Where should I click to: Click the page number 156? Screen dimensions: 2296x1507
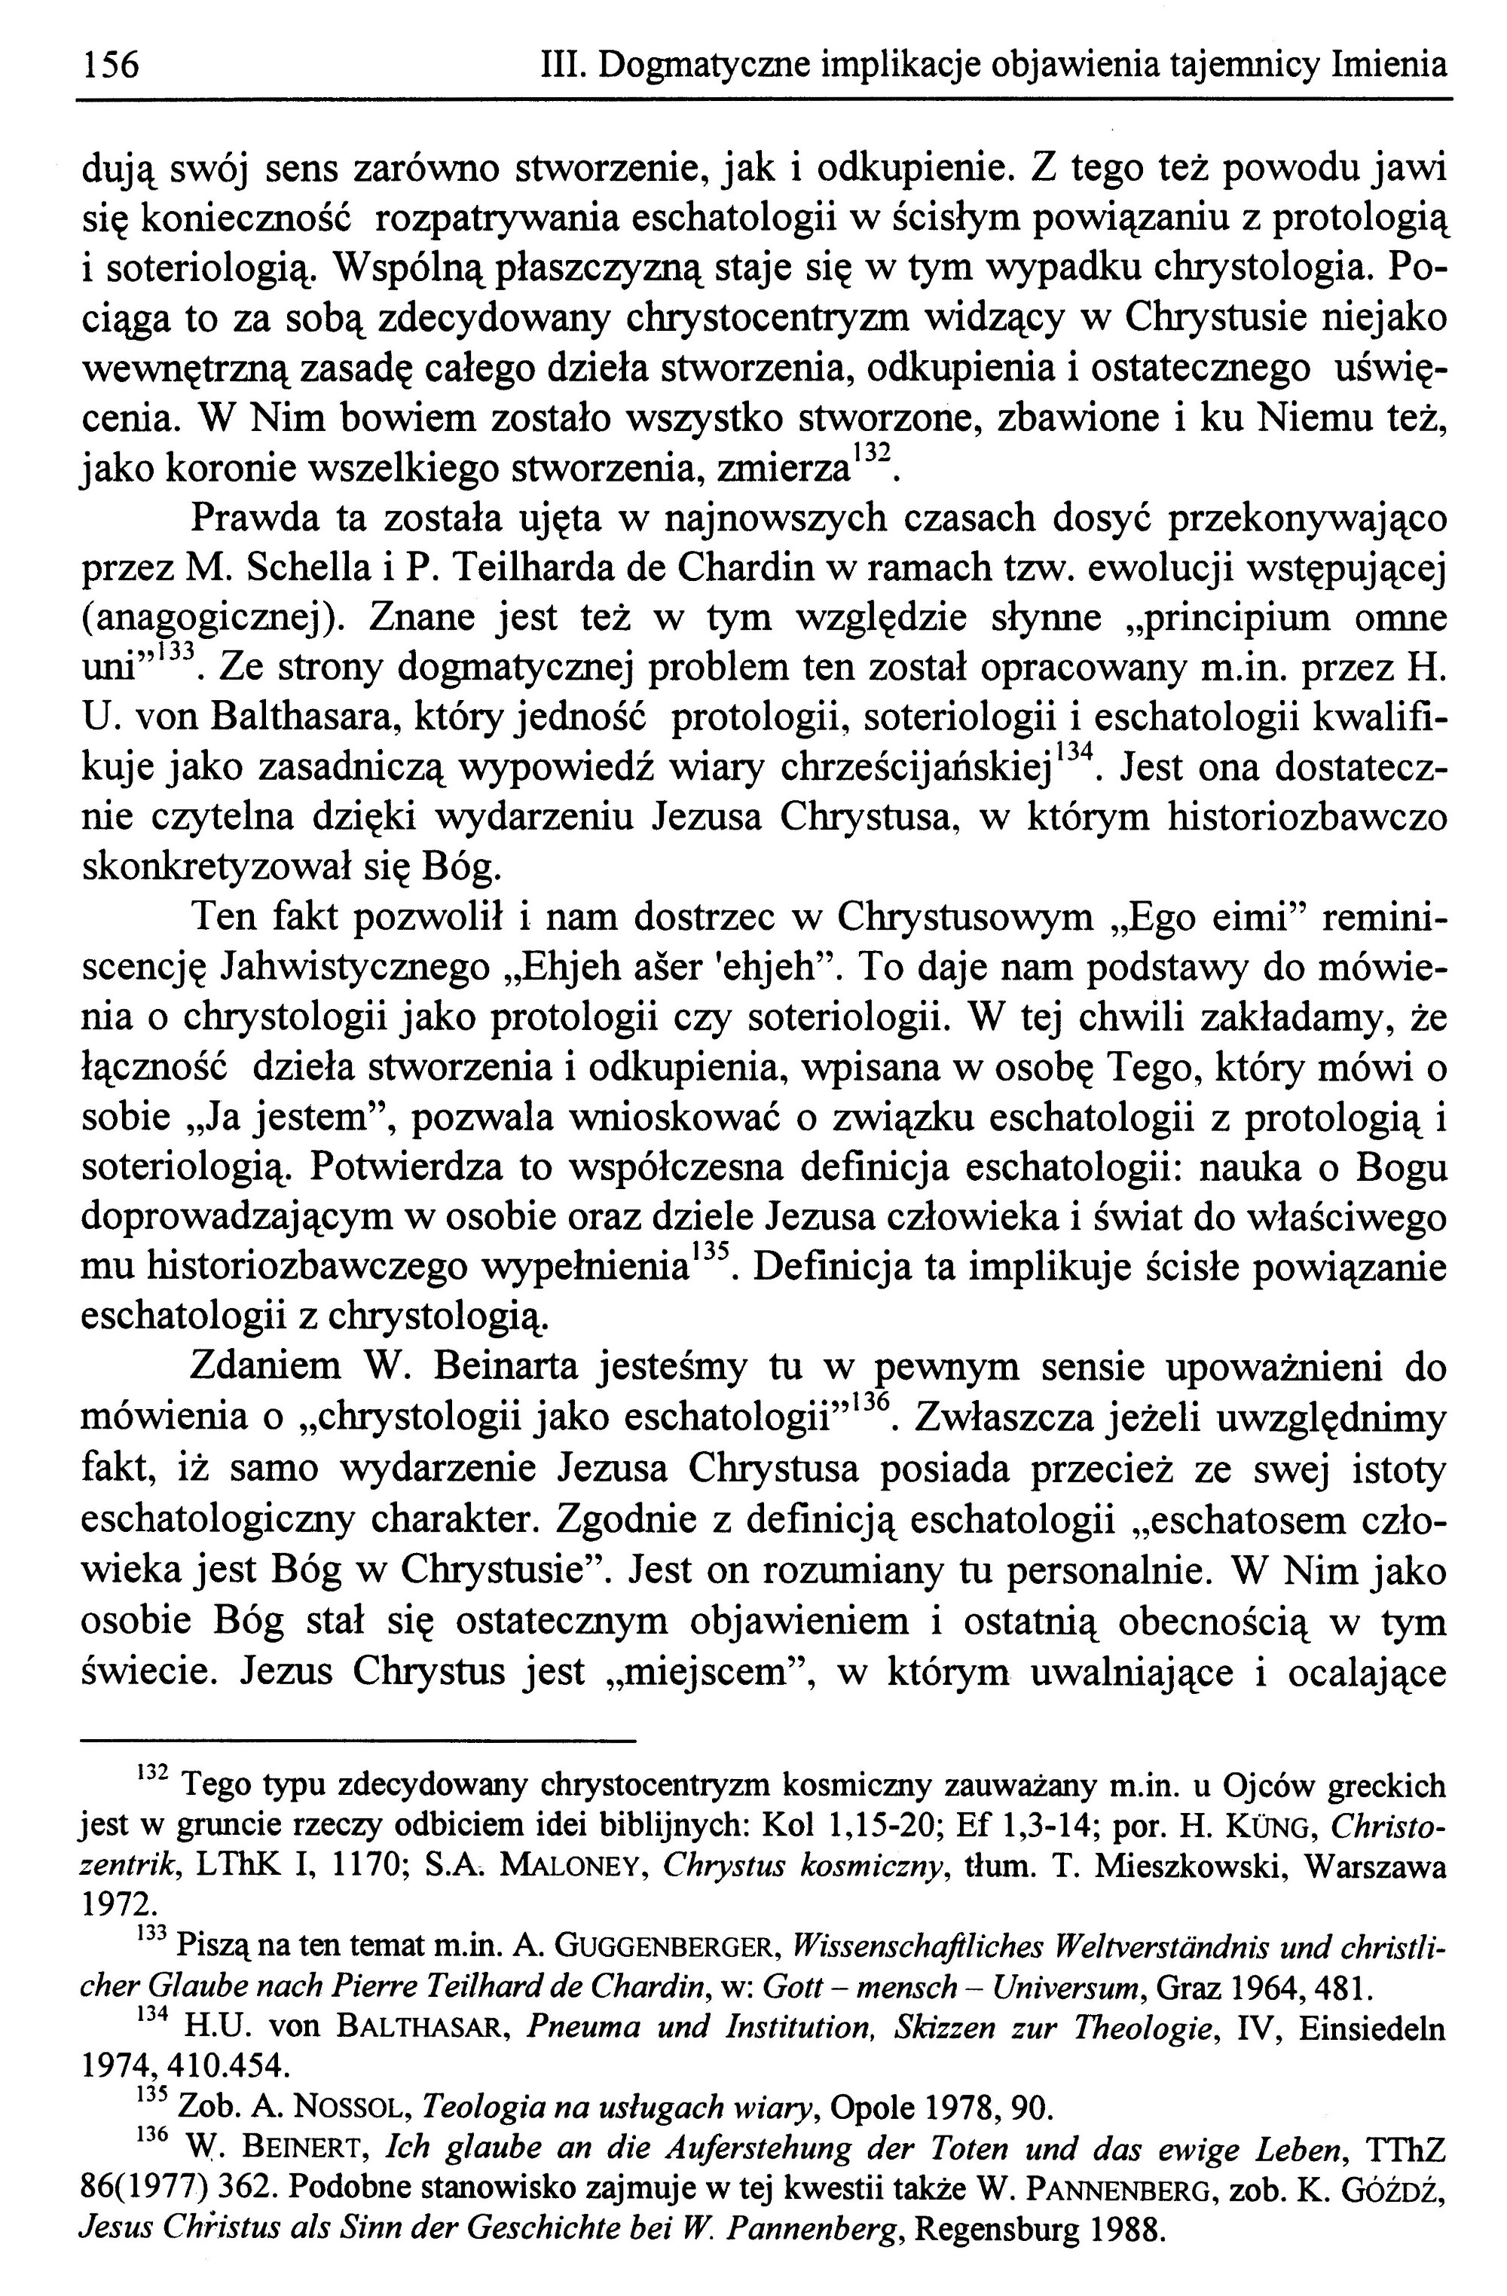[x=110, y=65]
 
